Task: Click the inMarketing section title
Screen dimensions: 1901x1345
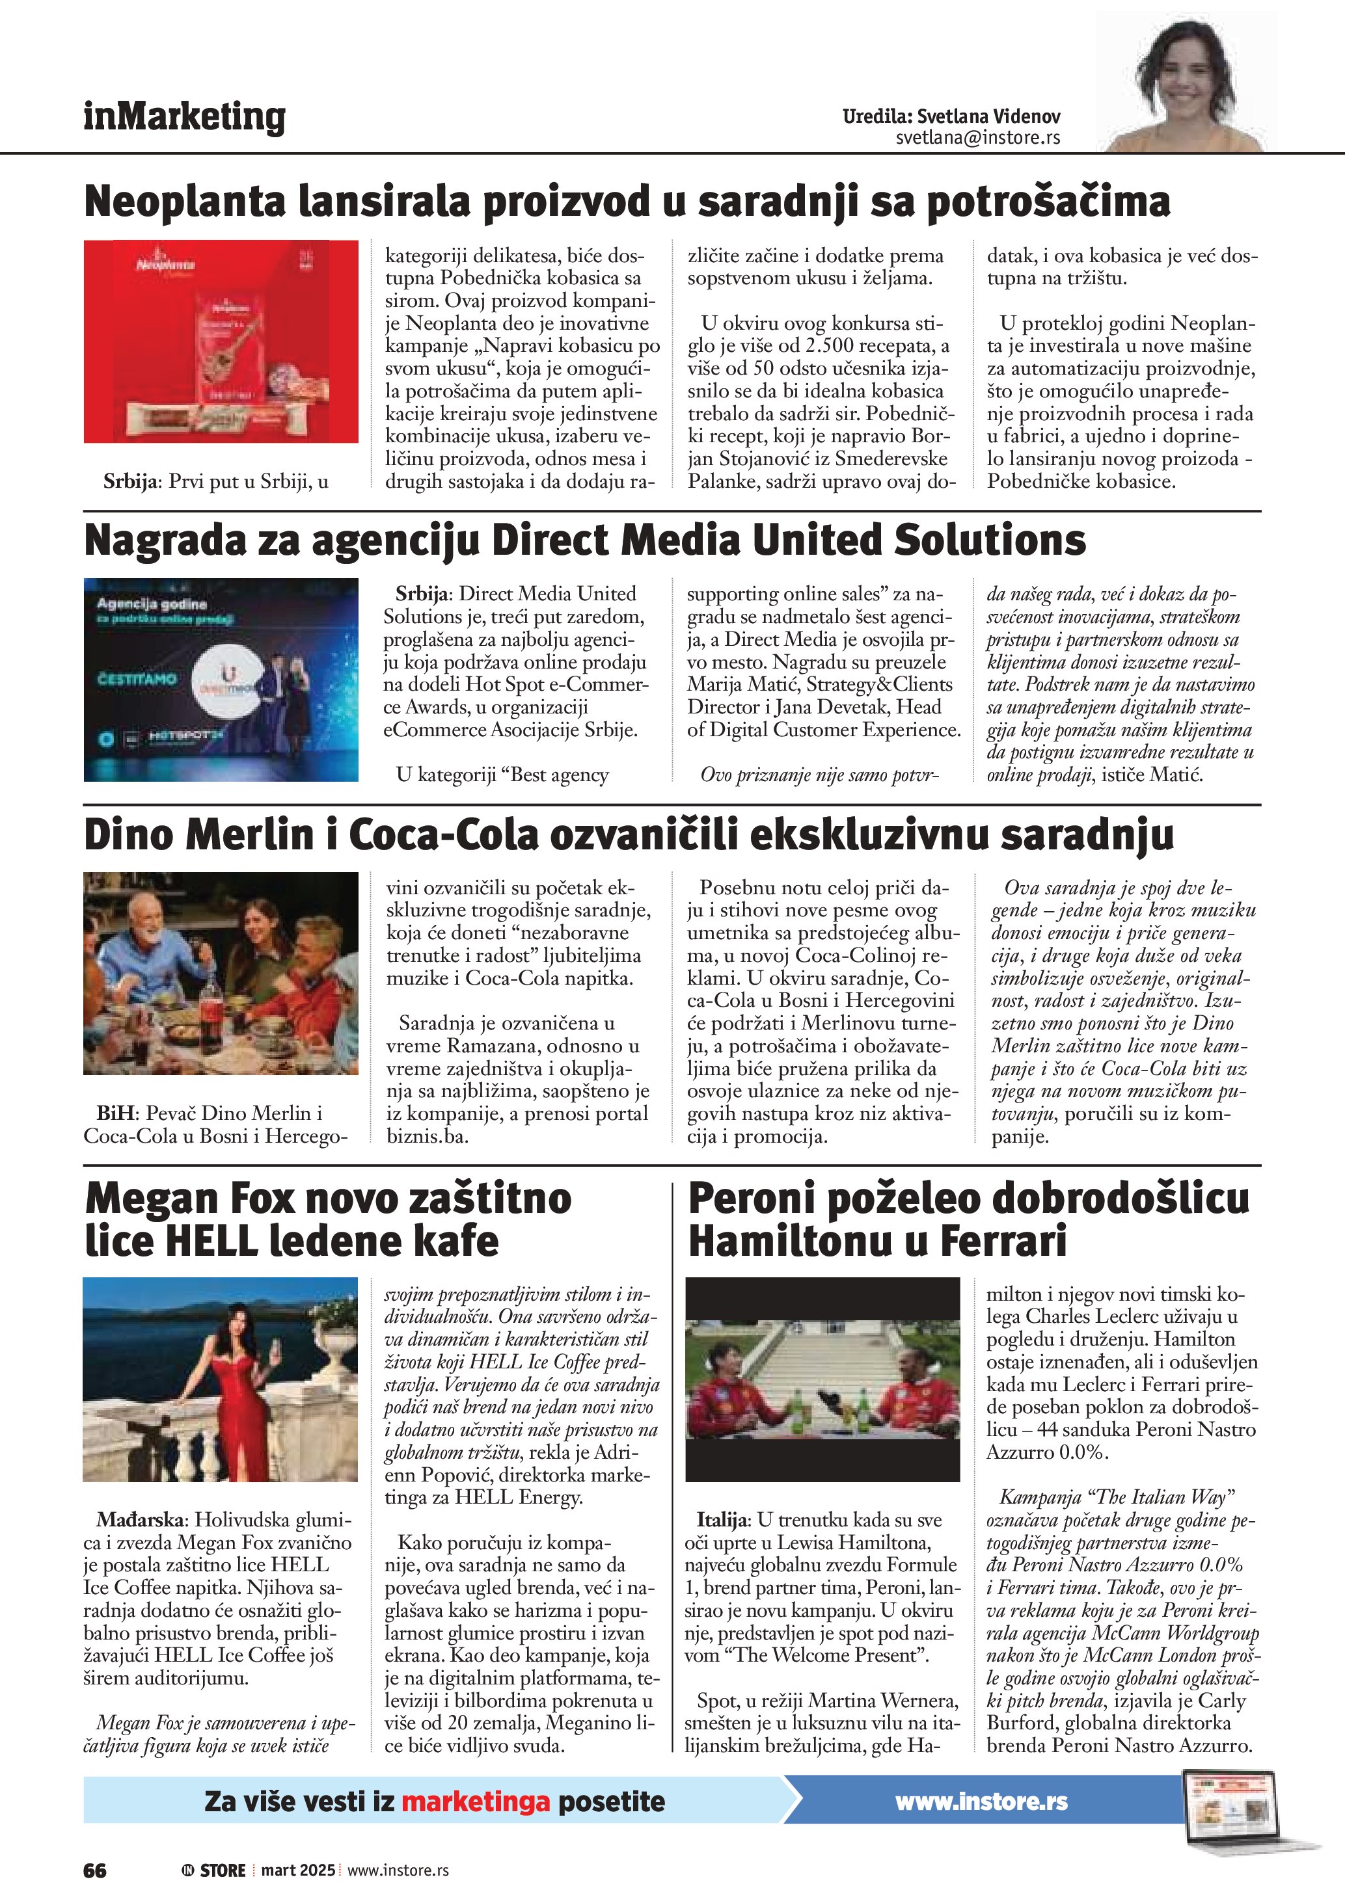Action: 184,117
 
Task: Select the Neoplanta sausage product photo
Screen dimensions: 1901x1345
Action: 221,341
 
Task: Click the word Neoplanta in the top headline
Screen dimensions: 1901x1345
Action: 186,201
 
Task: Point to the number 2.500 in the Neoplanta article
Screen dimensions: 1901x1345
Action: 841,346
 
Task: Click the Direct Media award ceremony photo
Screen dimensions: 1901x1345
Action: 221,680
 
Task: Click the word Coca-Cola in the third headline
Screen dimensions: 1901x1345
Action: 443,834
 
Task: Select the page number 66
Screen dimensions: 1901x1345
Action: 95,1870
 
